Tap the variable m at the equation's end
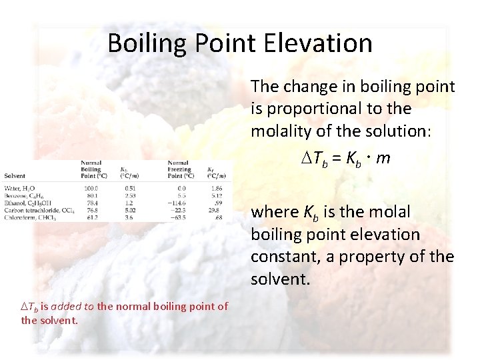(383, 159)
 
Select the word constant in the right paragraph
(279, 257)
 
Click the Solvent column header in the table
(15, 175)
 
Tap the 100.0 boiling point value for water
(90, 189)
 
